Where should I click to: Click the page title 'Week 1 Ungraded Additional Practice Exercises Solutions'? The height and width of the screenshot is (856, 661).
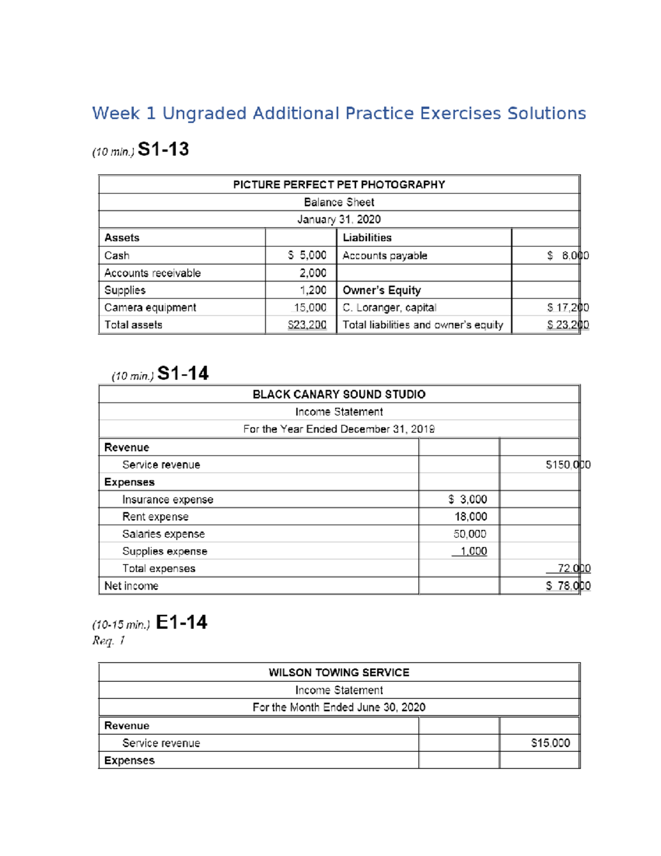pyautogui.click(x=339, y=114)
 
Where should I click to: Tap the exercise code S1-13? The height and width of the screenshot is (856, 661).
pyautogui.click(x=163, y=149)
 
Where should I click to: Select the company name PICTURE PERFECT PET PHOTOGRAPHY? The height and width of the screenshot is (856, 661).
pyautogui.click(x=339, y=185)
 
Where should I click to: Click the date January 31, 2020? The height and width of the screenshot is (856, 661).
pyautogui.click(x=339, y=219)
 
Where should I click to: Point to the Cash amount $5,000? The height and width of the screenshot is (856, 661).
pyautogui.click(x=307, y=255)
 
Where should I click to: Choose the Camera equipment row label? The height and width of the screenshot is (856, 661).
pyautogui.click(x=150, y=308)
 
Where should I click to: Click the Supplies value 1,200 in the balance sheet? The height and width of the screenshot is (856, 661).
pyautogui.click(x=313, y=290)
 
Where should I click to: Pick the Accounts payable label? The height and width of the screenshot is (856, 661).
pyautogui.click(x=384, y=256)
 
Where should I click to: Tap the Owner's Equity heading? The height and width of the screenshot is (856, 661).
pyautogui.click(x=381, y=290)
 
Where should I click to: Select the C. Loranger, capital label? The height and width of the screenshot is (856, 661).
pyautogui.click(x=389, y=308)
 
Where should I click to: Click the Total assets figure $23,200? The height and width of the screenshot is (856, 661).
pyautogui.click(x=307, y=325)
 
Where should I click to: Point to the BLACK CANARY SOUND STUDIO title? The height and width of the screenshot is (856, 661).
pyautogui.click(x=339, y=395)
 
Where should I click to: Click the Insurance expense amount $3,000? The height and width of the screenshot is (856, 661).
pyautogui.click(x=468, y=499)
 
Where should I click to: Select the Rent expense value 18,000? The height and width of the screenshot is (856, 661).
pyautogui.click(x=470, y=517)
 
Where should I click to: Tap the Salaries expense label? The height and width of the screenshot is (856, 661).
pyautogui.click(x=163, y=534)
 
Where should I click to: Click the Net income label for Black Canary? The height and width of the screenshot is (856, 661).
pyautogui.click(x=131, y=586)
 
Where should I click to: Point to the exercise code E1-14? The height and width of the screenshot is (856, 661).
pyautogui.click(x=181, y=622)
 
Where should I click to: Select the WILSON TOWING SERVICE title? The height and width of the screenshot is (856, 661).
pyautogui.click(x=339, y=672)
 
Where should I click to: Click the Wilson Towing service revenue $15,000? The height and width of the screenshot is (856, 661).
pyautogui.click(x=550, y=743)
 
